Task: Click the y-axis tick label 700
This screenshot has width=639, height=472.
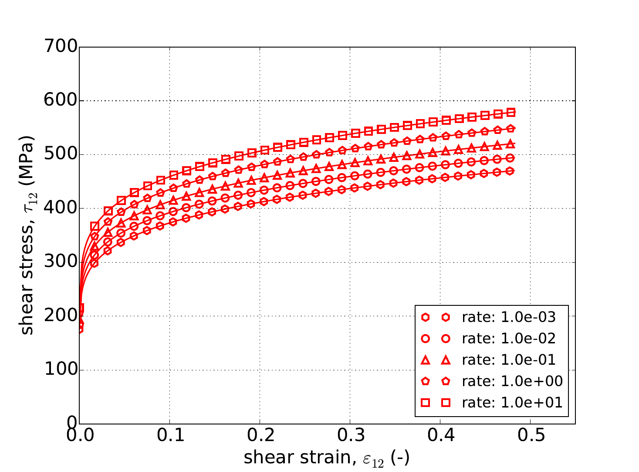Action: click(60, 47)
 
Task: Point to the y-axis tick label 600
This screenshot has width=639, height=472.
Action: click(60, 101)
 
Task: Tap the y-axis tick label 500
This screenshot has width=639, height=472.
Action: click(60, 154)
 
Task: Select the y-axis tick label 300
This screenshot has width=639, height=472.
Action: click(60, 262)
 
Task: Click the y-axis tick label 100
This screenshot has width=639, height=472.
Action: click(60, 370)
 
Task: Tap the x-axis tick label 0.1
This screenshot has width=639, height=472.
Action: click(169, 436)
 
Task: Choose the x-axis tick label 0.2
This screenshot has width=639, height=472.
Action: click(260, 436)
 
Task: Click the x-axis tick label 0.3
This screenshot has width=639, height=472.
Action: click(350, 436)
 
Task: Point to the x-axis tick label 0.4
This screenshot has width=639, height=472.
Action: click(440, 436)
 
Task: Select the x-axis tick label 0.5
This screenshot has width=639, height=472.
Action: click(530, 436)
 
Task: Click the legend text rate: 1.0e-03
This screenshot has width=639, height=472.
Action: click(509, 318)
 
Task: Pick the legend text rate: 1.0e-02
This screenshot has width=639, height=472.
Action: click(509, 339)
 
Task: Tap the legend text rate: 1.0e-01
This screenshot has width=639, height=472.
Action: click(509, 360)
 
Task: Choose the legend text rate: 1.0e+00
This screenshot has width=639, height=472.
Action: click(512, 381)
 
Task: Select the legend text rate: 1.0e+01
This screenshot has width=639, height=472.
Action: click(512, 402)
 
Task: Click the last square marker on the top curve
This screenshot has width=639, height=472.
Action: click(511, 113)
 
